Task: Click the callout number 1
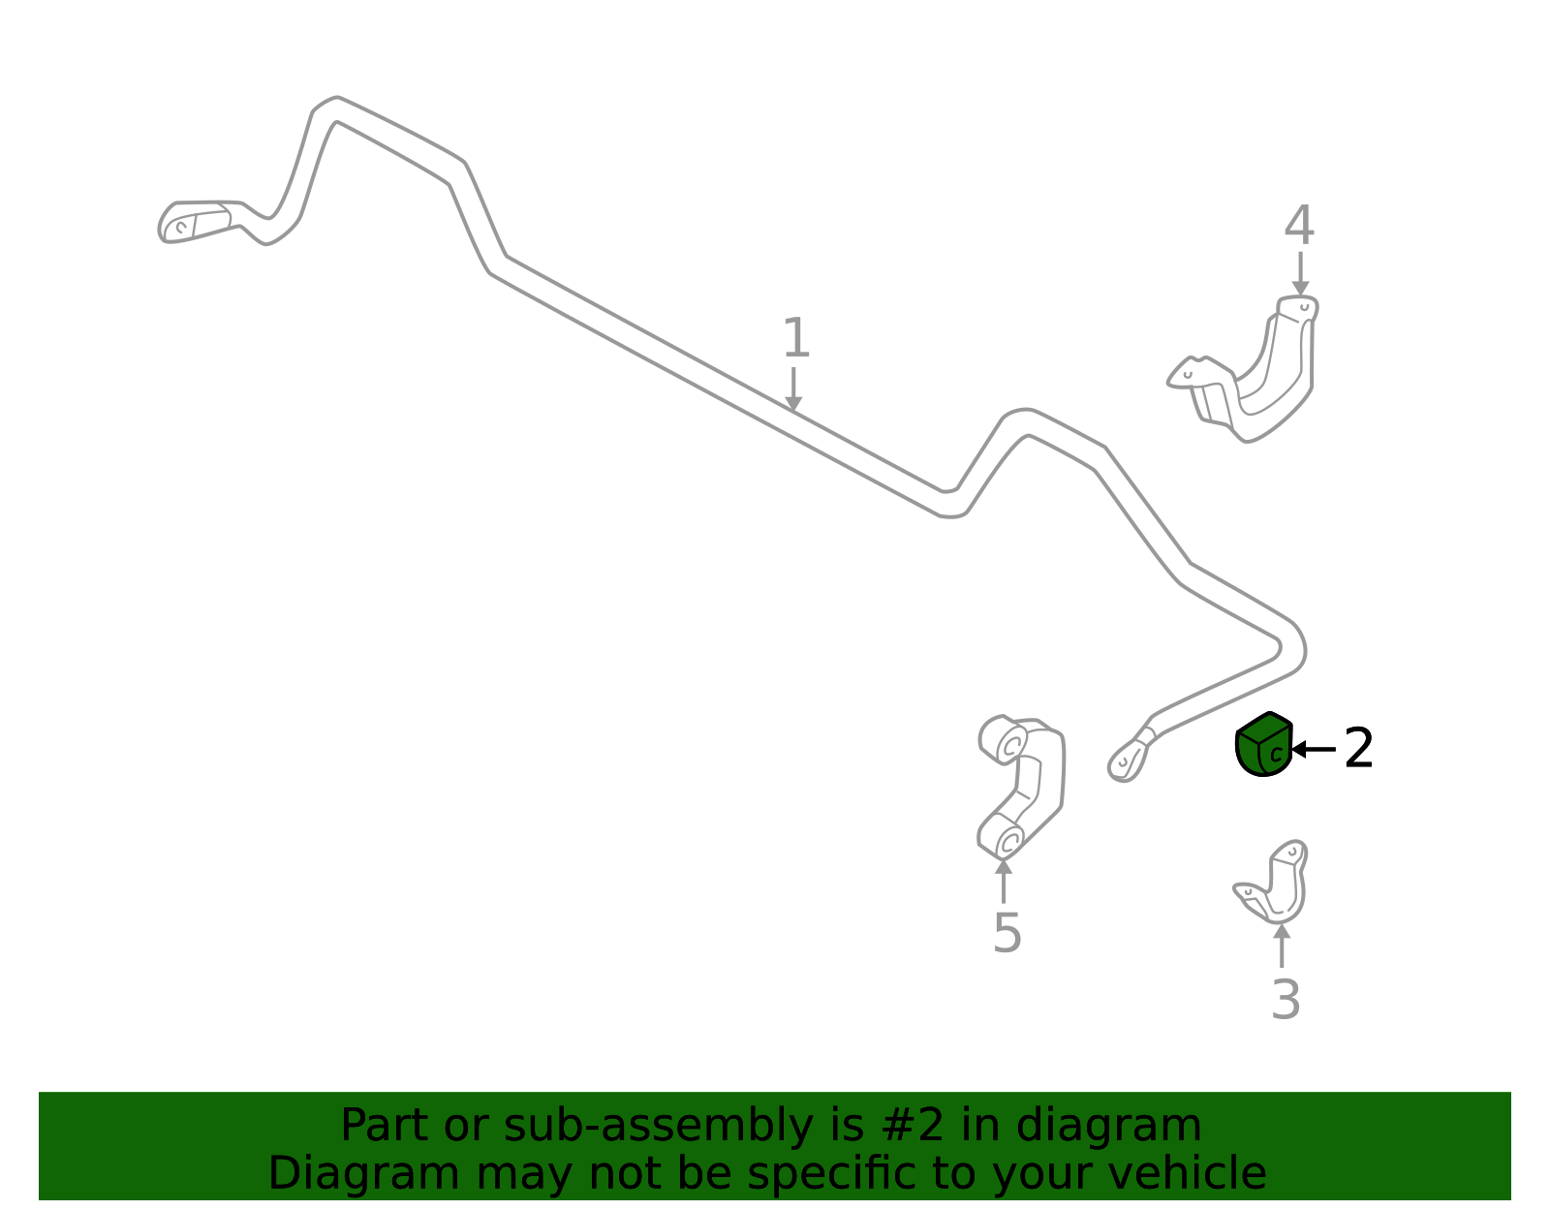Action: click(796, 338)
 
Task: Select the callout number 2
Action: click(1357, 748)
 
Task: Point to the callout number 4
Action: click(1299, 225)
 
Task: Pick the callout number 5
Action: click(1007, 933)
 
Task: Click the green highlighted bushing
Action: click(1263, 744)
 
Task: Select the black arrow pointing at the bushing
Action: click(1314, 750)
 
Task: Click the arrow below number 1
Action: click(793, 389)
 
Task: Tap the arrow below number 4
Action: click(1300, 274)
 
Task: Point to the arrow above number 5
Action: click(1004, 882)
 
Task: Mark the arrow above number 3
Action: click(1282, 946)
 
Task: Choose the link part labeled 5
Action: click(1021, 788)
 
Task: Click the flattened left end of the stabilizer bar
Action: click(194, 223)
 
